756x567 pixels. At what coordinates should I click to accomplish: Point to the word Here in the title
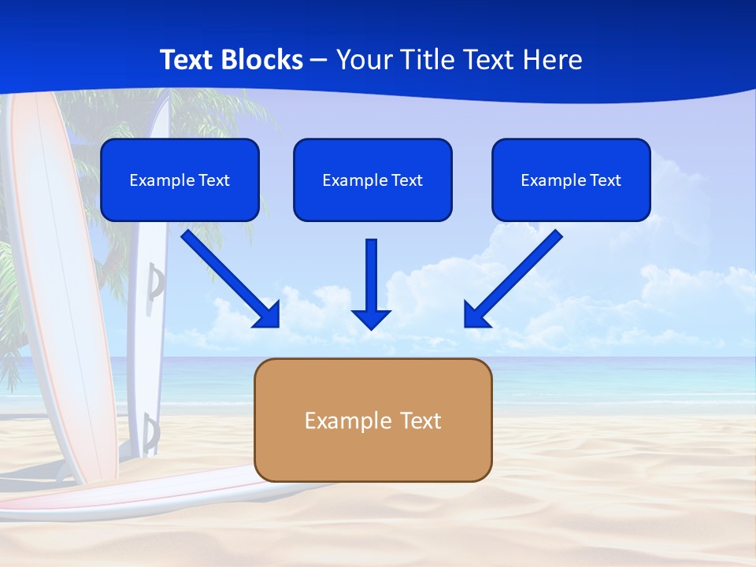point(551,60)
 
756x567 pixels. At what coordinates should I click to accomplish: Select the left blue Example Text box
point(180,180)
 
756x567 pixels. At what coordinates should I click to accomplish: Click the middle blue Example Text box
point(372,180)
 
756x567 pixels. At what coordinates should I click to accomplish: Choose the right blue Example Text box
point(571,180)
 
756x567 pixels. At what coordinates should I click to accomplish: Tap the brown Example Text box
point(372,420)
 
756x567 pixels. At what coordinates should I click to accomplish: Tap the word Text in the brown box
point(420,421)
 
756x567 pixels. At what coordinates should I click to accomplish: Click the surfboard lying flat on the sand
point(157,497)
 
